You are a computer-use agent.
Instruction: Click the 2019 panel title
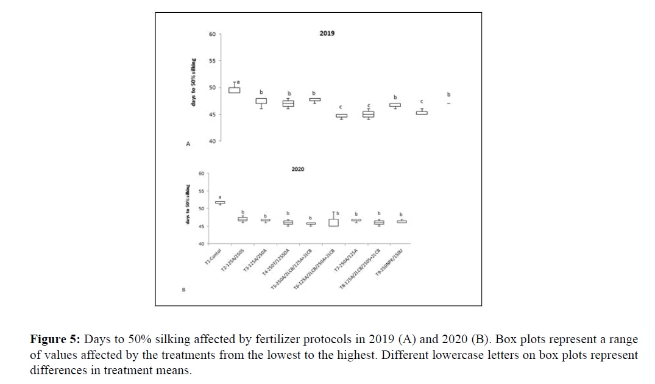[327, 34]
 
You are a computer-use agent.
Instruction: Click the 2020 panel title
[297, 169]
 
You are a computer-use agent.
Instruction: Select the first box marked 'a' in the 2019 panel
[234, 90]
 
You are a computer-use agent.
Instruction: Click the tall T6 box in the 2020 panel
[333, 222]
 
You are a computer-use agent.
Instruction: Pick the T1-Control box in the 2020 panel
[220, 202]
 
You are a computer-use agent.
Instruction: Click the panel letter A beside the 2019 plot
[188, 144]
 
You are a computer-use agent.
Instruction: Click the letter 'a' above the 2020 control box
[220, 197]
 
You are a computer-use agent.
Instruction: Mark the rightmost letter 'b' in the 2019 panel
[449, 94]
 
